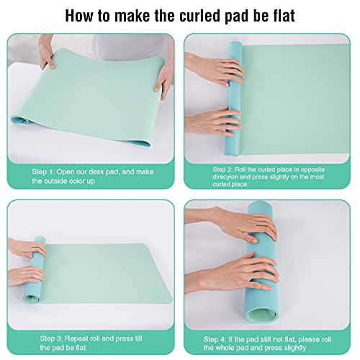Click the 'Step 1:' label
click(x=43, y=172)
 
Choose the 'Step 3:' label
click(x=51, y=338)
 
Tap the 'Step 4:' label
click(x=215, y=339)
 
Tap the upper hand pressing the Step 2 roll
click(x=215, y=69)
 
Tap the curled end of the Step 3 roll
click(x=32, y=297)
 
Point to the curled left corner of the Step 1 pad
click(x=19, y=120)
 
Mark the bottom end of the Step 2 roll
click(x=232, y=150)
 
